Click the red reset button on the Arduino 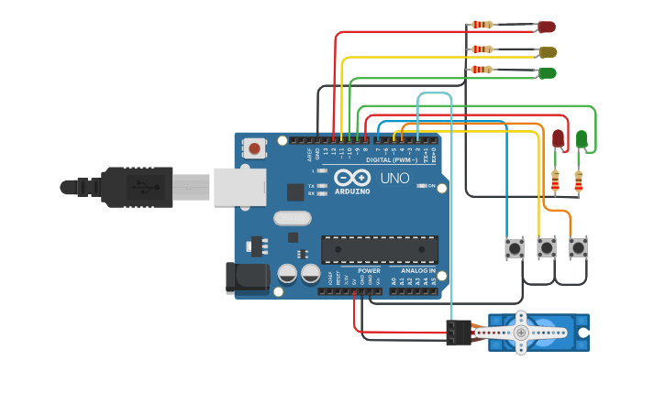click(x=254, y=147)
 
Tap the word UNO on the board click(x=394, y=178)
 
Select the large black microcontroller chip click(x=379, y=249)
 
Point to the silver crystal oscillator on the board click(x=293, y=219)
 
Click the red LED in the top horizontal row click(x=546, y=27)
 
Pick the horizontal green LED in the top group click(x=547, y=72)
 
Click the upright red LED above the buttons click(x=558, y=138)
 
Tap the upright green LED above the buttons click(x=582, y=138)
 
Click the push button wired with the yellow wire click(x=546, y=247)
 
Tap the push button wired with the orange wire click(x=578, y=247)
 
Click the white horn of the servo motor click(x=521, y=333)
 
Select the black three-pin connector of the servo click(x=459, y=333)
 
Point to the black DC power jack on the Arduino click(x=246, y=278)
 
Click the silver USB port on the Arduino click(x=239, y=186)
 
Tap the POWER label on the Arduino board click(x=369, y=271)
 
